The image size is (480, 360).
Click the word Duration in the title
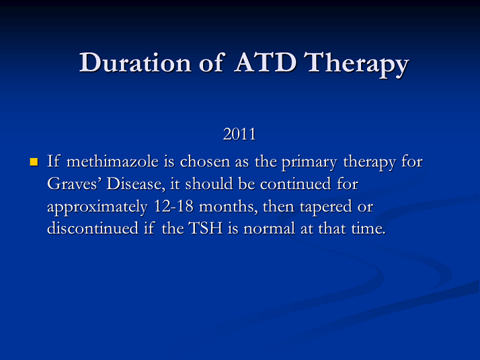(135, 63)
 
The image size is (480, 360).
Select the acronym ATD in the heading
(266, 63)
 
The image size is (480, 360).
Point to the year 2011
(239, 134)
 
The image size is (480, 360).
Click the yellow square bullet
(34, 161)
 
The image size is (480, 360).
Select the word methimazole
(112, 161)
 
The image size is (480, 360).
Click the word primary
(309, 163)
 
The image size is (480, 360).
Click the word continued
(295, 184)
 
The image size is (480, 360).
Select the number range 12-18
(173, 206)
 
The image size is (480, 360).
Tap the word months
(229, 207)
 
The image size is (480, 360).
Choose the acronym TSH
(206, 229)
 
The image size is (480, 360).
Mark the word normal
(269, 229)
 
